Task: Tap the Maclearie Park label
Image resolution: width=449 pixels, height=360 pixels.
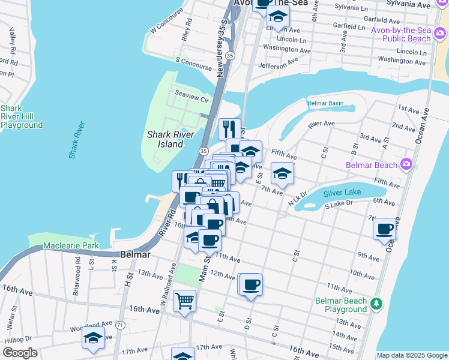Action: tap(71, 246)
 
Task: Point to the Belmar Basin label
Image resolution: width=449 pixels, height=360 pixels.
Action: tap(325, 103)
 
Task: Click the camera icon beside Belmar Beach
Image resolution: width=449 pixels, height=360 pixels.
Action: tap(407, 164)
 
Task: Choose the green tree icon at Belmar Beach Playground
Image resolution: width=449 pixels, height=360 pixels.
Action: tap(376, 304)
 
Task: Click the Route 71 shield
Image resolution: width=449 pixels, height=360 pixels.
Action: tap(121, 325)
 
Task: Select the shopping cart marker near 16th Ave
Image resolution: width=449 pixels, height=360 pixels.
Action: tap(185, 300)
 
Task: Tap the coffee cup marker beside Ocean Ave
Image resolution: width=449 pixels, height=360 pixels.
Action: tap(384, 229)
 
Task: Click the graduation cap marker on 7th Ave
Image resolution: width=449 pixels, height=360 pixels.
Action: tap(282, 173)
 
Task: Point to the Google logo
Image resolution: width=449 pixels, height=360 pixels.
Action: tap(20, 353)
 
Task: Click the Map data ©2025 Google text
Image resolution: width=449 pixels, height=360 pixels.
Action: tap(412, 355)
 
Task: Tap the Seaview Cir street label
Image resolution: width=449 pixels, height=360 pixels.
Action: tap(191, 100)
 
